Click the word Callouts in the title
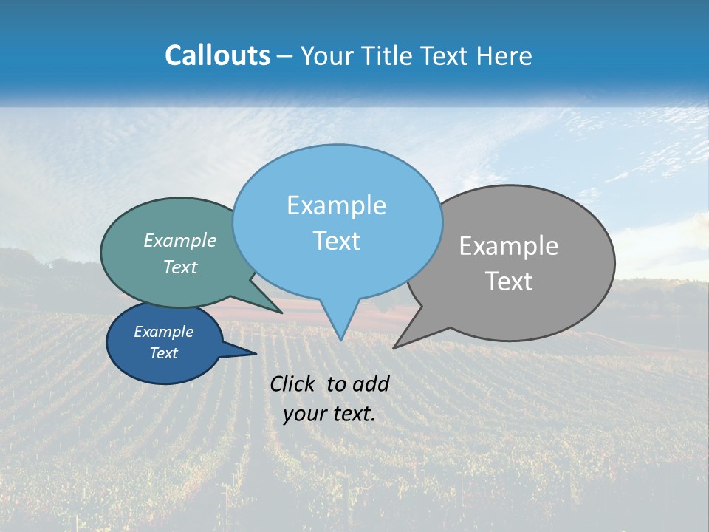point(217,55)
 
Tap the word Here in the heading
point(504,55)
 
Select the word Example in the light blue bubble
point(336,205)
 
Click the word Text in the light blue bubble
point(336,240)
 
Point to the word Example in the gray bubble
point(508,246)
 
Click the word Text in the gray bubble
point(509,281)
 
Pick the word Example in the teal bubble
point(180,240)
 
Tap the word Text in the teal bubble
point(180,267)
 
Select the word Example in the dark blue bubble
point(163,332)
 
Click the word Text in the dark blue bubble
point(163,353)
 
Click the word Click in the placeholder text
point(294,383)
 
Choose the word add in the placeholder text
point(371,383)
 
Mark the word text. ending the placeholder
point(354,414)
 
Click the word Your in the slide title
point(325,55)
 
